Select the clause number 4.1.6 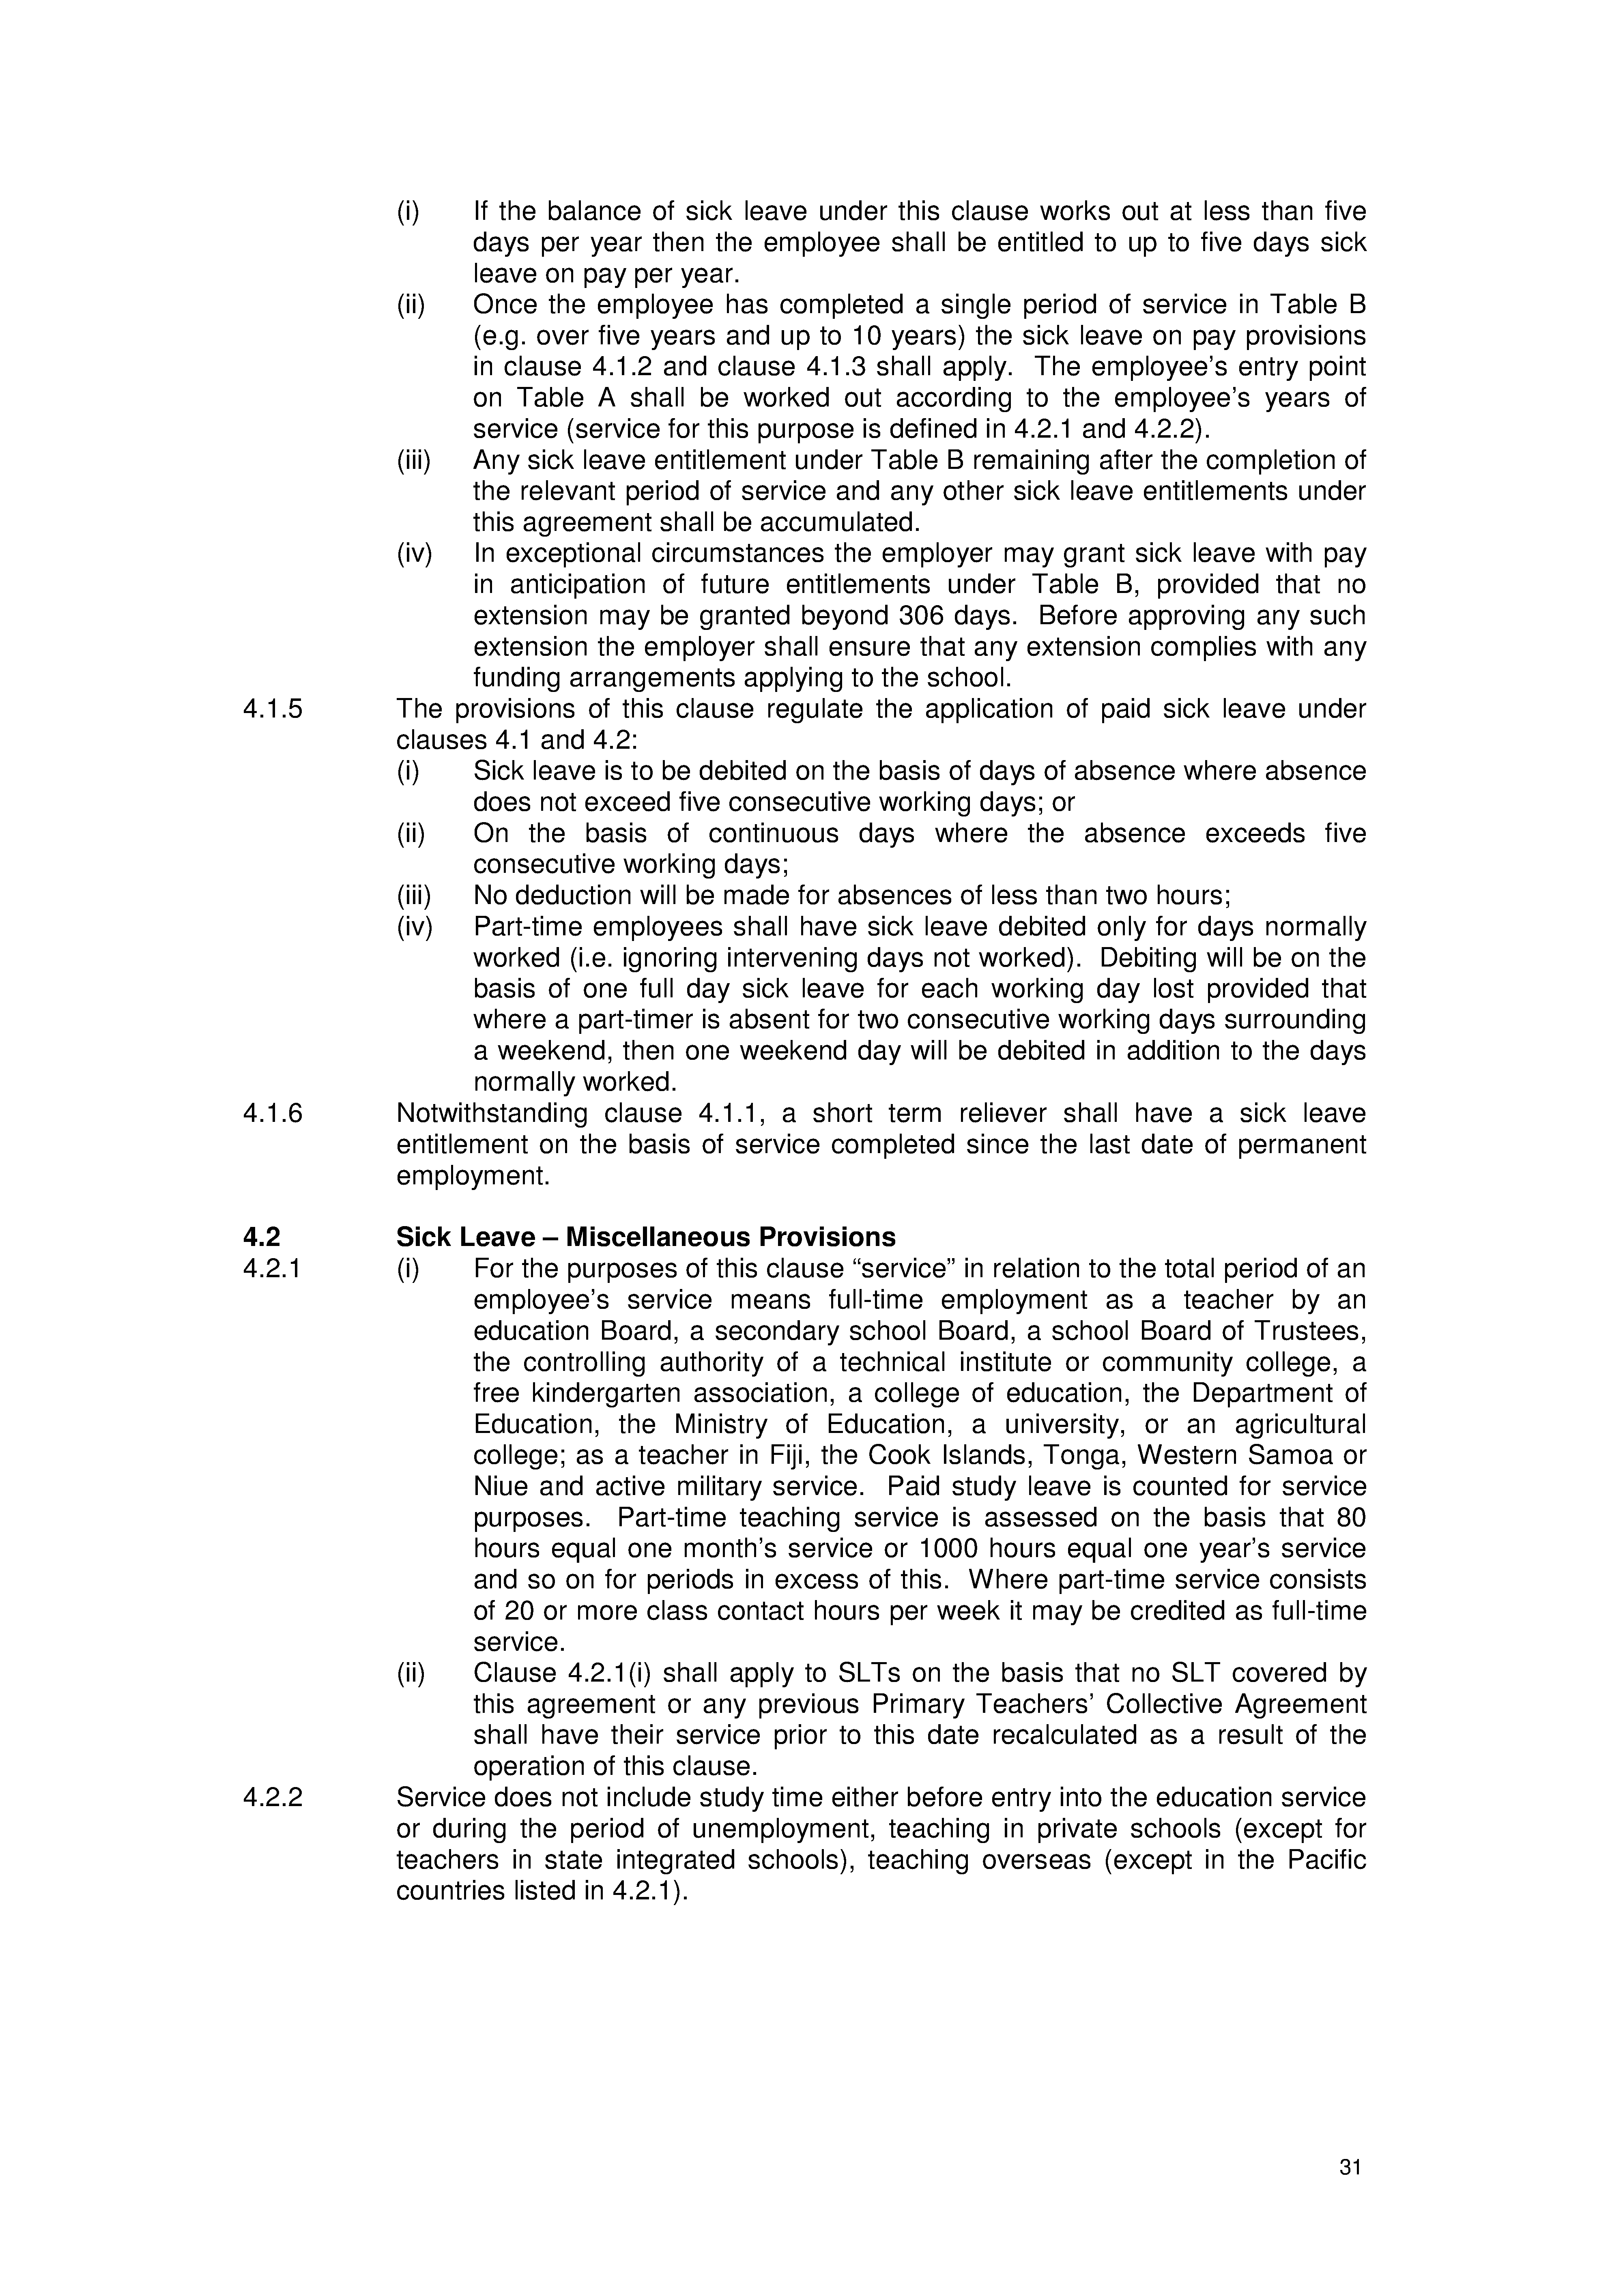pyautogui.click(x=273, y=1114)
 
